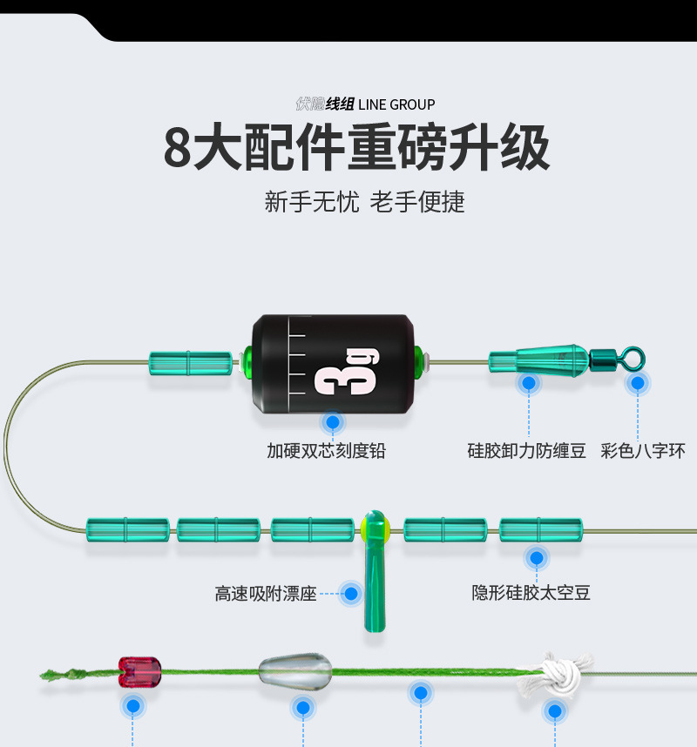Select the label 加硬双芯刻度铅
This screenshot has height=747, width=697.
click(326, 451)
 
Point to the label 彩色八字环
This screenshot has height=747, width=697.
click(643, 451)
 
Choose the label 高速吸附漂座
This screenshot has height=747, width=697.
click(266, 594)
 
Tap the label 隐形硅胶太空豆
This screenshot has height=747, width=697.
click(531, 593)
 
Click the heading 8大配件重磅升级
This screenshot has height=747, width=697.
click(357, 148)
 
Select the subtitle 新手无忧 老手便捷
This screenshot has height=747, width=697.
click(365, 202)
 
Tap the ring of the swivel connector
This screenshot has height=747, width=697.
click(633, 356)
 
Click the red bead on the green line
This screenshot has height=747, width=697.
click(139, 670)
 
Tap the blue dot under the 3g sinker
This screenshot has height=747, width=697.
click(331, 423)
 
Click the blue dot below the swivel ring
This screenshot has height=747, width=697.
click(638, 382)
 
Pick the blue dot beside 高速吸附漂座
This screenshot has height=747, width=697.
click(351, 594)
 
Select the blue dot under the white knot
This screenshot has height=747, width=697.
click(554, 712)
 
